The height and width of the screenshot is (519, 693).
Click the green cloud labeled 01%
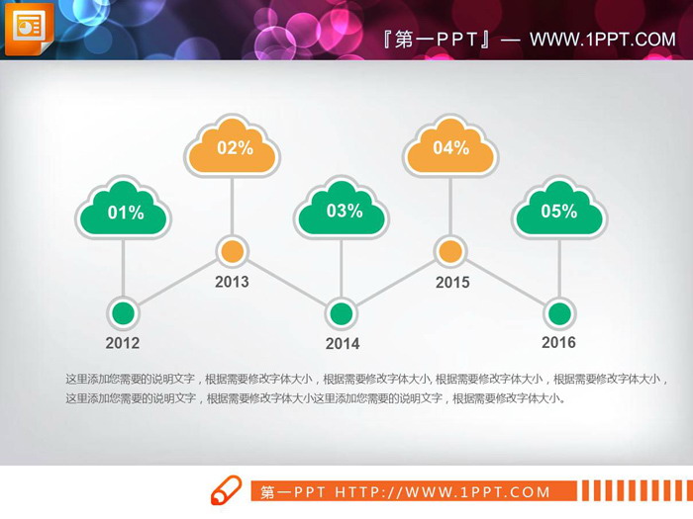pyautogui.click(x=124, y=212)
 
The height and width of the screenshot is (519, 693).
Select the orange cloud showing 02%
pyautogui.click(x=233, y=149)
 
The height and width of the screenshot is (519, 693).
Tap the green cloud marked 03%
pyautogui.click(x=343, y=212)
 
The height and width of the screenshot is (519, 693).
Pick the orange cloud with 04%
pyautogui.click(x=450, y=149)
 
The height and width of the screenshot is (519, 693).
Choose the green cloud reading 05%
pyautogui.click(x=559, y=212)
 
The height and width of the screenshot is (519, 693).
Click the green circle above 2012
pyautogui.click(x=123, y=313)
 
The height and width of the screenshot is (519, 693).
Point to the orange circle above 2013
pyautogui.click(x=232, y=251)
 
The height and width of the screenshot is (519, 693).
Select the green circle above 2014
pyautogui.click(x=342, y=313)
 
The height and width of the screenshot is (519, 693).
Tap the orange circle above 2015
pyautogui.click(x=450, y=251)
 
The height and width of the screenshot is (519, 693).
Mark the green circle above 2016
pyautogui.click(x=559, y=313)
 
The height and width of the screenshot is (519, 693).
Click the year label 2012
pyautogui.click(x=123, y=344)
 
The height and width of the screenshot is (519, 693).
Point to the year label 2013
pyautogui.click(x=232, y=283)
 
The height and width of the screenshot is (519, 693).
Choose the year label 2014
pyautogui.click(x=343, y=344)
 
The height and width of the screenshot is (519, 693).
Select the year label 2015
pyautogui.click(x=452, y=283)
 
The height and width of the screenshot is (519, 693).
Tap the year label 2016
pyautogui.click(x=558, y=343)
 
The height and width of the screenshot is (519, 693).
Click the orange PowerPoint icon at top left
pyautogui.click(x=29, y=29)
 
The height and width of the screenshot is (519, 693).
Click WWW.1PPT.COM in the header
pyautogui.click(x=602, y=40)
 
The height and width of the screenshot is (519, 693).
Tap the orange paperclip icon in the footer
pyautogui.click(x=226, y=490)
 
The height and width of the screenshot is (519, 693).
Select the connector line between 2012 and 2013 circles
pyautogui.click(x=177, y=283)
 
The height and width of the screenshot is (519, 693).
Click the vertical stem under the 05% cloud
pyautogui.click(x=559, y=267)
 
